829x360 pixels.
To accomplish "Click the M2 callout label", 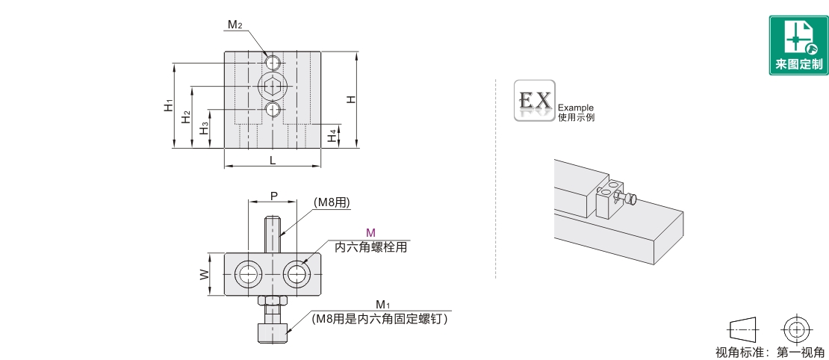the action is point(235,25).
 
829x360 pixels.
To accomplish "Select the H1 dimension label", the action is point(169,105).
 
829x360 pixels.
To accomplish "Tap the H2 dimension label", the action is point(185,117).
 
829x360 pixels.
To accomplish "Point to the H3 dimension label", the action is point(203,128).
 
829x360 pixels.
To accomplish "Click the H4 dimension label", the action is point(331,136).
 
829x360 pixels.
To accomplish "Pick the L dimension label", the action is point(273,161).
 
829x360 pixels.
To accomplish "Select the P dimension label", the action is point(274,196).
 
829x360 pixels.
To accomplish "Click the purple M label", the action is point(370,232).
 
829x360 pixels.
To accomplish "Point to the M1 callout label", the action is point(382,305).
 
